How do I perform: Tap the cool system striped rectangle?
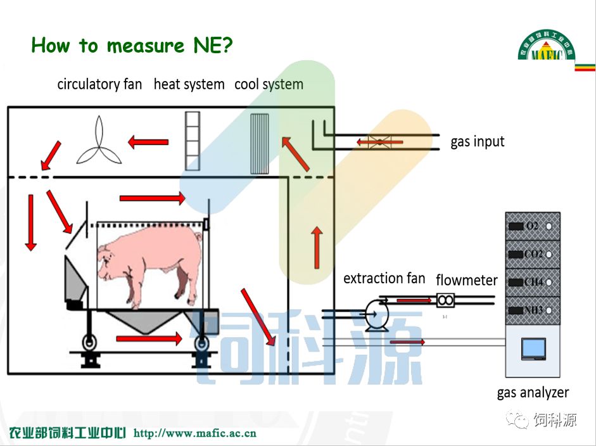tap(260, 143)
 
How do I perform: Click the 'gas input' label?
tap(478, 141)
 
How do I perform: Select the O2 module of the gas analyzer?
tap(533, 226)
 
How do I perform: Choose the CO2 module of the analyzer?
tap(533, 254)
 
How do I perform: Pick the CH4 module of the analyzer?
tap(533, 282)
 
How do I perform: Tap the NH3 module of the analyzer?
tap(533, 310)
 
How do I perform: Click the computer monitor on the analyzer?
tap(533, 348)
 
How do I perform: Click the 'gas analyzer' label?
tap(533, 393)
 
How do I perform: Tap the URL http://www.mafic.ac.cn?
tap(195, 433)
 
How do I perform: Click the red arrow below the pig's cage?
tap(149, 339)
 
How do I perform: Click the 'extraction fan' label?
tap(384, 278)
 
